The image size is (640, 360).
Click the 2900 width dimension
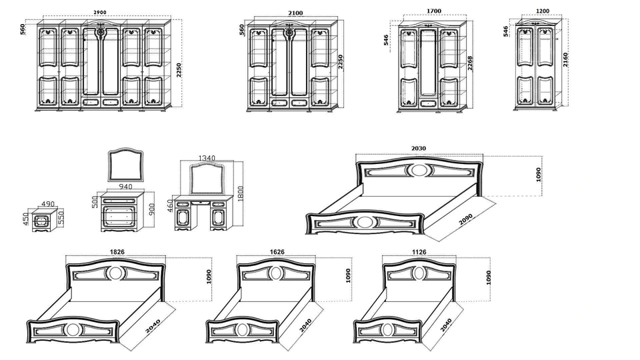[101, 13]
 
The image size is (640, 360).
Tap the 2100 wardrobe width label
[295, 13]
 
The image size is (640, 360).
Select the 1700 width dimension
[434, 11]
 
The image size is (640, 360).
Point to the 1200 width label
[543, 11]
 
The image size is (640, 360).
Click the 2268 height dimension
[470, 63]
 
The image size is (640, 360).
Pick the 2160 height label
[565, 59]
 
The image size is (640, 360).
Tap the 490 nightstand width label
[48, 204]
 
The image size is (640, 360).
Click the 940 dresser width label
[125, 187]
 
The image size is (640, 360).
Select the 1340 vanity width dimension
[207, 159]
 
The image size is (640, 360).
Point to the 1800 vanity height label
[240, 193]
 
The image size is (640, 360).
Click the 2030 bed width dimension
[419, 149]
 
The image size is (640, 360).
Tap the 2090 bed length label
[466, 219]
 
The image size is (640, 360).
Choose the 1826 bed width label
[117, 252]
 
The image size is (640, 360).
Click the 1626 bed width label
[277, 252]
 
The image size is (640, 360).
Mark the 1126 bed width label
[419, 252]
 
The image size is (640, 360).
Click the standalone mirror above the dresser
[126, 165]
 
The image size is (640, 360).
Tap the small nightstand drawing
[43, 223]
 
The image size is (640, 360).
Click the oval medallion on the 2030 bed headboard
[418, 170]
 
